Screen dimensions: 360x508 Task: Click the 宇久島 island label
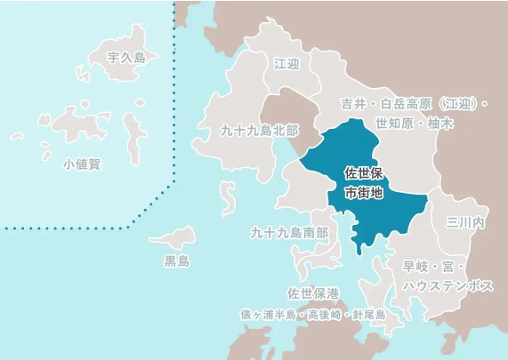125,57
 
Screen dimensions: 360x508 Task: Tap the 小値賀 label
82,164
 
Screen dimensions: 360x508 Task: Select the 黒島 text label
177,261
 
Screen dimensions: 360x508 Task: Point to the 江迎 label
288,64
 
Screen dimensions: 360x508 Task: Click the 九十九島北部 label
260,130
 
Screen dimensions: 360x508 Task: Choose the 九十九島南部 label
289,233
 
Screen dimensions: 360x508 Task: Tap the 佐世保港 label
313,292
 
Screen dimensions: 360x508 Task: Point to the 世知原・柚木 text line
415,124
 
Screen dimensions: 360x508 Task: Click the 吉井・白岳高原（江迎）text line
415,103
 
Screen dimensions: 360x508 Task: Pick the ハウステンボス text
448,285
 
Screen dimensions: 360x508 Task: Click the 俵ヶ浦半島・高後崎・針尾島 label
312,315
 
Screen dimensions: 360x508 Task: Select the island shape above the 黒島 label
173,237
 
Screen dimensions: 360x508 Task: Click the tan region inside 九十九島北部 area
290,116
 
